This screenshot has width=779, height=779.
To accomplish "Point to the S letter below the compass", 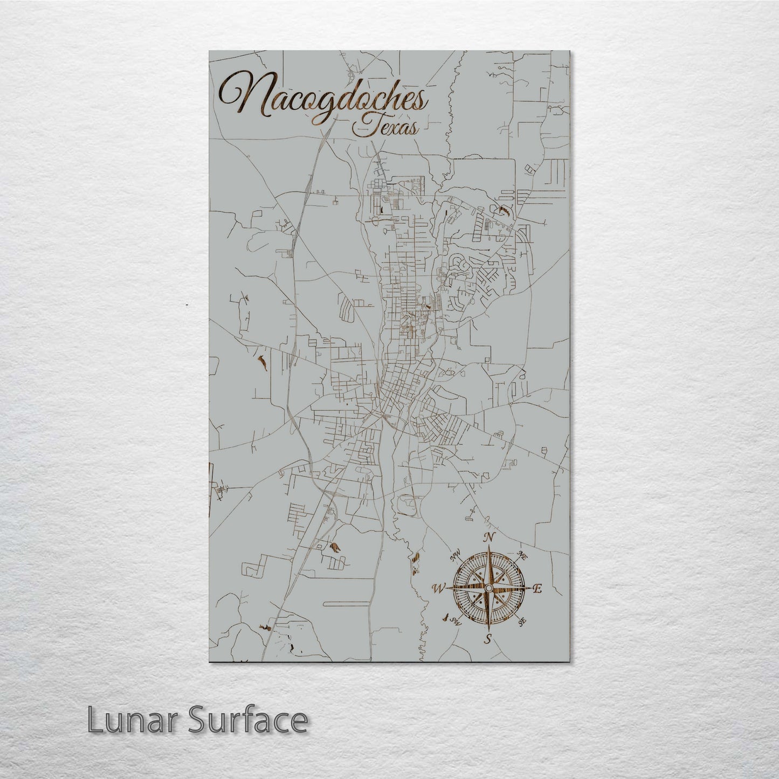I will point(488,639).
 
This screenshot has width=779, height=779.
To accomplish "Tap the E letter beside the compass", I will point(536,589).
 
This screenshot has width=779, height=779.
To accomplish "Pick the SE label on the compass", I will point(521,622).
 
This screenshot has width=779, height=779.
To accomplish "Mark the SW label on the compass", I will point(456,618).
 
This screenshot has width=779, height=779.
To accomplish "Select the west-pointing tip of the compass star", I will point(449,588).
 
